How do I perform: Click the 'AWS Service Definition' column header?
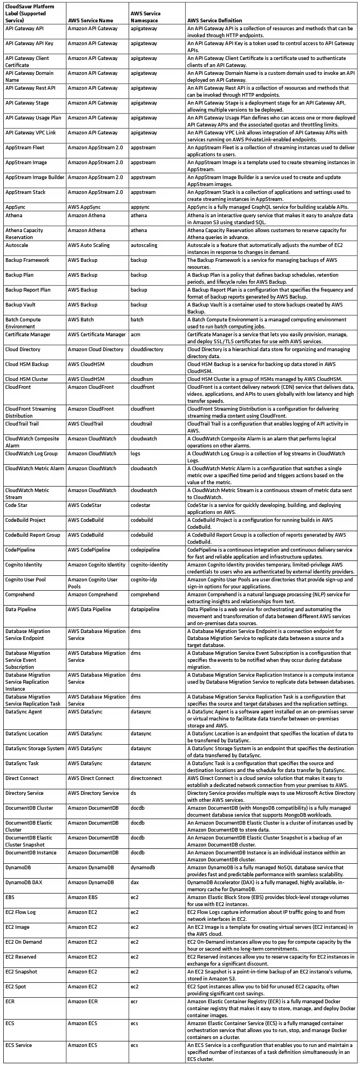click(214, 20)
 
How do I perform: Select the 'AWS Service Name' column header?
click(90, 20)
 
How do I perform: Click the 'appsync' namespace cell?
click(140, 207)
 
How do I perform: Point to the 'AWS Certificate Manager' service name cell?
click(97, 334)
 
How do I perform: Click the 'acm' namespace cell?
click(135, 334)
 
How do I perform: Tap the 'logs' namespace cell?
click(135, 453)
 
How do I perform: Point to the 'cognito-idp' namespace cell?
click(144, 580)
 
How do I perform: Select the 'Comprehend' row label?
click(20, 594)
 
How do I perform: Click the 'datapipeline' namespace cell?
click(145, 609)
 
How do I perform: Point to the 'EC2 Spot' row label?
click(16, 987)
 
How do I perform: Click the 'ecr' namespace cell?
click(134, 1001)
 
